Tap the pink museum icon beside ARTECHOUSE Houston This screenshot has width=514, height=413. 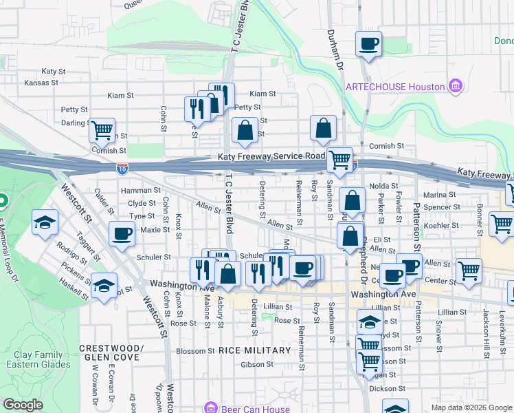coord(454,87)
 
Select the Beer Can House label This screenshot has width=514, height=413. coord(256,409)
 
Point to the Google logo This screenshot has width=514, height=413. coord(23,405)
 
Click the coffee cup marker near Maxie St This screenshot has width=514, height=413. coord(122,234)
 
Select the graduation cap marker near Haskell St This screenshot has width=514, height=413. coord(104,285)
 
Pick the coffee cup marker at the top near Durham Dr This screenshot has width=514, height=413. coord(368,44)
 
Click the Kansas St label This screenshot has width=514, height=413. coord(41,83)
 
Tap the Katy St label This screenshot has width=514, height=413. coord(53,71)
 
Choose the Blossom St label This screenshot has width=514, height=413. coord(191,351)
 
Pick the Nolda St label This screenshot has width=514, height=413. coord(384,186)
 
